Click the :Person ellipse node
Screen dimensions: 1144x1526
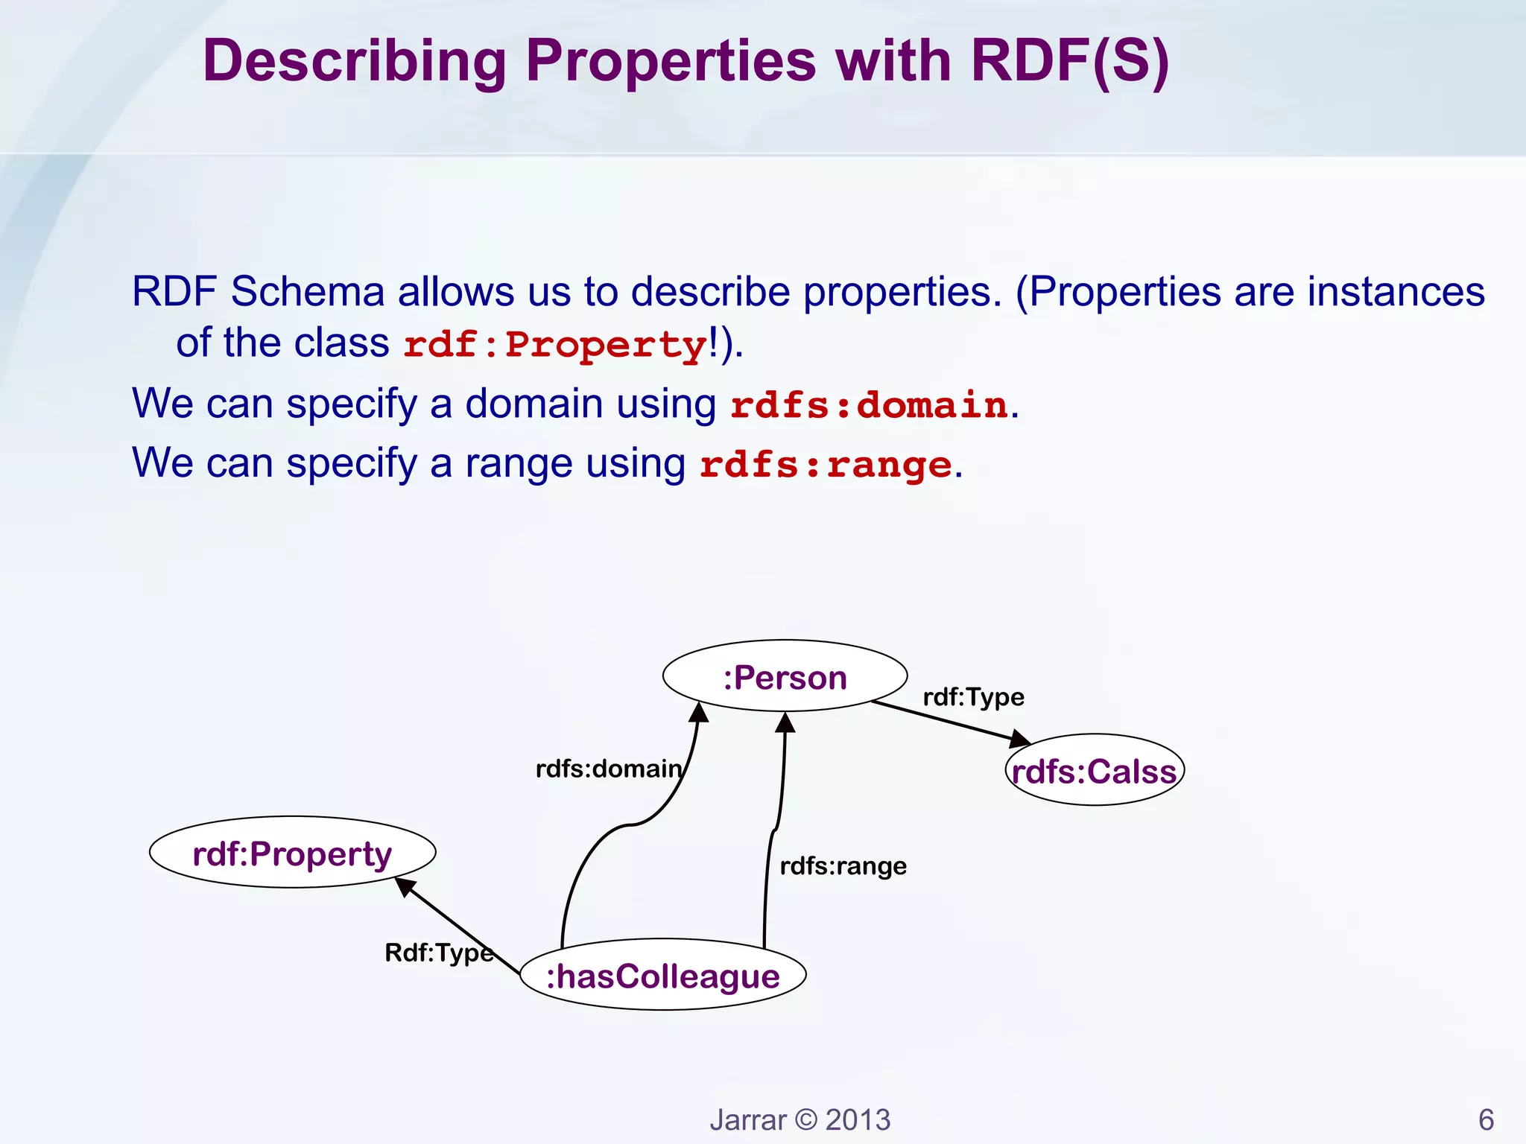(785, 676)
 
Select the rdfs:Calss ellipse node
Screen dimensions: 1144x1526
(1094, 770)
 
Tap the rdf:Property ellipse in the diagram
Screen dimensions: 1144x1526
(292, 852)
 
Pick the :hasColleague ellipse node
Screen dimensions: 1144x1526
(662, 975)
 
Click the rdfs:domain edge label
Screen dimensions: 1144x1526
(608, 768)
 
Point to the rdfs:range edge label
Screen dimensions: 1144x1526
(843, 865)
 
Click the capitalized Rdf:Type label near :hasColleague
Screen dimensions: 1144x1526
(438, 952)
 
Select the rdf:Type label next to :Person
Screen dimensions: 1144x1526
(973, 696)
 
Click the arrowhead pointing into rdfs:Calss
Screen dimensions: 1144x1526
(1019, 739)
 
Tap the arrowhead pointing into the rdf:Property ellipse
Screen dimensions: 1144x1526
(405, 886)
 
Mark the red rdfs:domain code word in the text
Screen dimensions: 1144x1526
(868, 405)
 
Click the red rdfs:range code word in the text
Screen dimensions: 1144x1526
(825, 465)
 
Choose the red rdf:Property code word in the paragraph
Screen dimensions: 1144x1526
(554, 345)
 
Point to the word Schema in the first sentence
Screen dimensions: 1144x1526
(307, 291)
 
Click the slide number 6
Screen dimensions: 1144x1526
(1486, 1119)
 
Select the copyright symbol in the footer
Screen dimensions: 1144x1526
(805, 1119)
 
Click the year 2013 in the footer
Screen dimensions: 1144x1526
(858, 1119)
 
